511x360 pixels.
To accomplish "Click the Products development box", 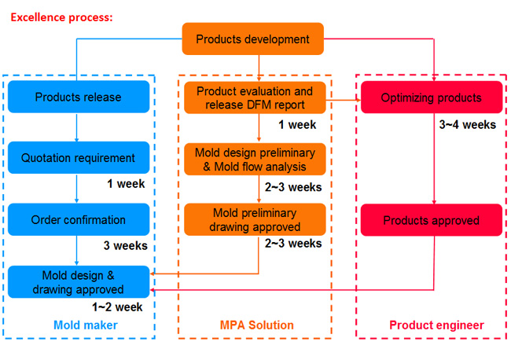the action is pyautogui.click(x=252, y=39).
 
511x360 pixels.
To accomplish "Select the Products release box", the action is pyautogui.click(x=79, y=97).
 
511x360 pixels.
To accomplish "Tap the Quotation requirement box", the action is pyautogui.click(x=79, y=158).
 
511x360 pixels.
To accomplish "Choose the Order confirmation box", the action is pyautogui.click(x=79, y=219).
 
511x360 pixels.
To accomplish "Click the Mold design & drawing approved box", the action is pyautogui.click(x=79, y=282).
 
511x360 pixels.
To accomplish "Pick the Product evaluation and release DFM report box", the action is pyautogui.click(x=255, y=97).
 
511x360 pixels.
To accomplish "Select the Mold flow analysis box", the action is pyautogui.click(x=255, y=160).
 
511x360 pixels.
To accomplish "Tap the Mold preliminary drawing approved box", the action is pyautogui.click(x=255, y=219).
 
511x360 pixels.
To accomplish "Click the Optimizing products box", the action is pyautogui.click(x=432, y=97).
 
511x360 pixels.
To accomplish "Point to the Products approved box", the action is pyautogui.click(x=432, y=220).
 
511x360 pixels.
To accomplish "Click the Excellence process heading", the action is pyautogui.click(x=61, y=17).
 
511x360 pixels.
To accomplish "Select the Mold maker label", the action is pyautogui.click(x=86, y=325).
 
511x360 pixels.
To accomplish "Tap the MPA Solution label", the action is pyautogui.click(x=257, y=325).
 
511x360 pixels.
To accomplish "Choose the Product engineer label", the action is pyautogui.click(x=436, y=325).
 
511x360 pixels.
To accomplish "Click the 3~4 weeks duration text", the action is pyautogui.click(x=467, y=124).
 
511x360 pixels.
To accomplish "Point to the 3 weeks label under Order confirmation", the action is pyautogui.click(x=126, y=245).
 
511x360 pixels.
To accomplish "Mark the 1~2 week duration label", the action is pyautogui.click(x=117, y=307).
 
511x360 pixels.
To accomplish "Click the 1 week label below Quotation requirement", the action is pyautogui.click(x=126, y=184).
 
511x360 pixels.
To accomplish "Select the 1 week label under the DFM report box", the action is pyautogui.click(x=297, y=124).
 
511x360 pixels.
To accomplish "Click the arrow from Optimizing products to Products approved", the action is pyautogui.click(x=434, y=159).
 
